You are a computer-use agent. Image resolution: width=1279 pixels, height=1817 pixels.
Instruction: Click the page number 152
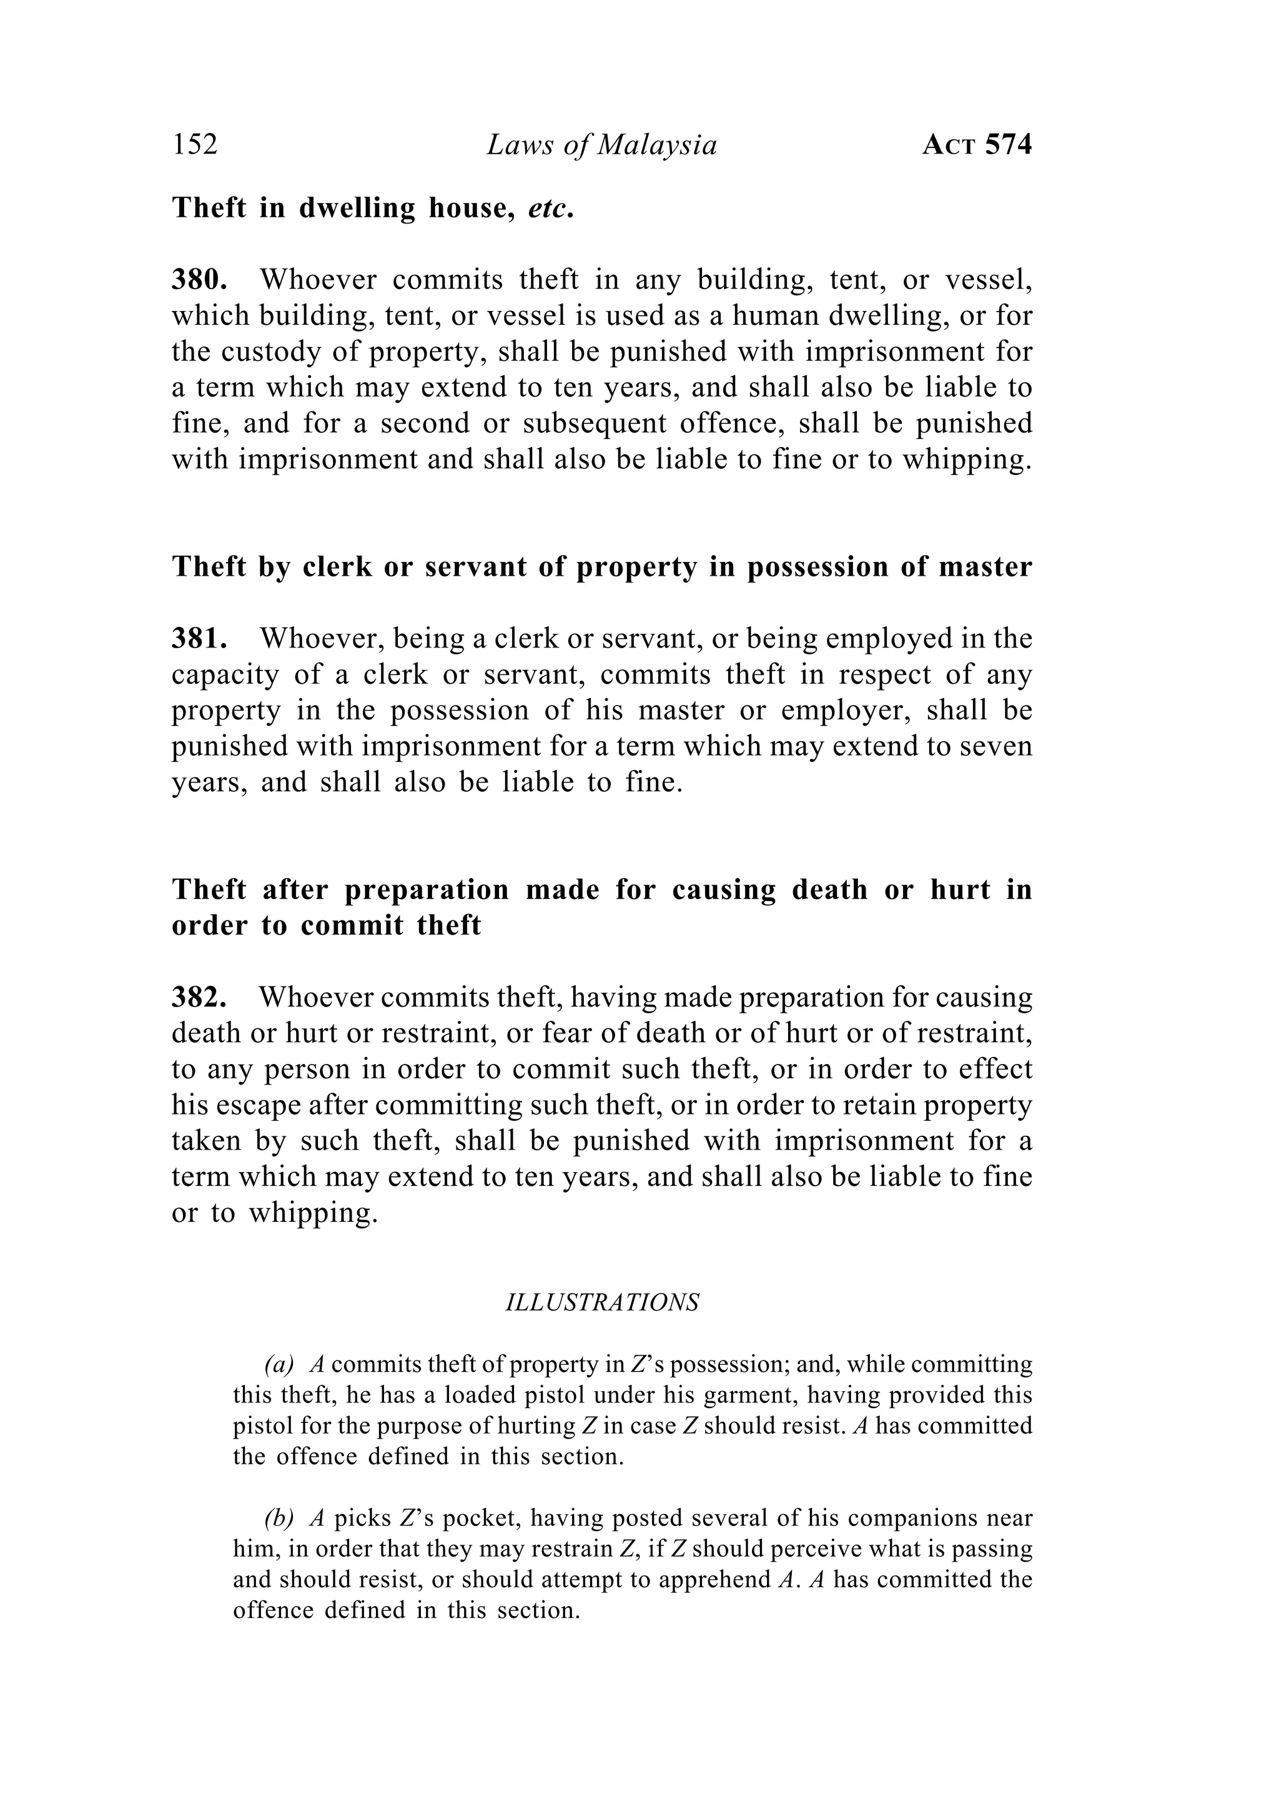click(x=195, y=145)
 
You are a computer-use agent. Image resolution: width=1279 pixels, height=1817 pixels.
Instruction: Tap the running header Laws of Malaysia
click(x=601, y=145)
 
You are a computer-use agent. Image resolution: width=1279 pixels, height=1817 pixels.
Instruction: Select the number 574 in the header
click(x=1009, y=145)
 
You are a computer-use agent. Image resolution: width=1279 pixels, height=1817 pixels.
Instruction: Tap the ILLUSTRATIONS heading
click(x=602, y=1302)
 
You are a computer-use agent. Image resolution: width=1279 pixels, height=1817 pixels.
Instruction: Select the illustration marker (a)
click(x=279, y=1364)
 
